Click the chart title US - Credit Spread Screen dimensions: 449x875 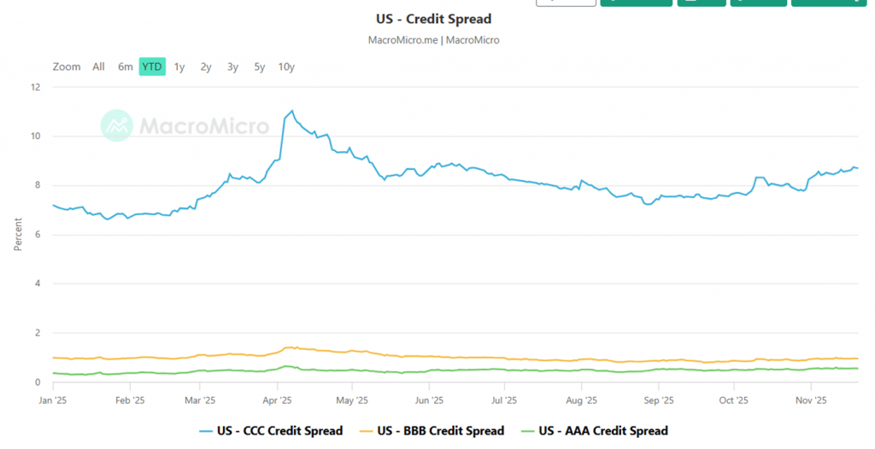click(x=433, y=19)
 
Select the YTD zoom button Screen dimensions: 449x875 click(x=152, y=67)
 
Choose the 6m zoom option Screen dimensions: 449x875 click(x=125, y=67)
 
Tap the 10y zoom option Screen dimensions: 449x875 click(x=286, y=67)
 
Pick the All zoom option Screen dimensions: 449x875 click(x=98, y=67)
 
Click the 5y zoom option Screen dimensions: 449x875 click(x=260, y=67)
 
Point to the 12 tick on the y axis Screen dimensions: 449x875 click(x=35, y=87)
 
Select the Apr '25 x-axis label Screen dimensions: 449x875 click(x=278, y=399)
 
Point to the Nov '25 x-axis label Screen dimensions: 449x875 click(x=810, y=399)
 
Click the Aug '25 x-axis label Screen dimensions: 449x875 click(x=581, y=399)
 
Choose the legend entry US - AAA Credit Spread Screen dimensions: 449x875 click(x=595, y=431)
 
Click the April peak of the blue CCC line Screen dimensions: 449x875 click(x=292, y=111)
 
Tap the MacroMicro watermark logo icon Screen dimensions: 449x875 click(x=116, y=125)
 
